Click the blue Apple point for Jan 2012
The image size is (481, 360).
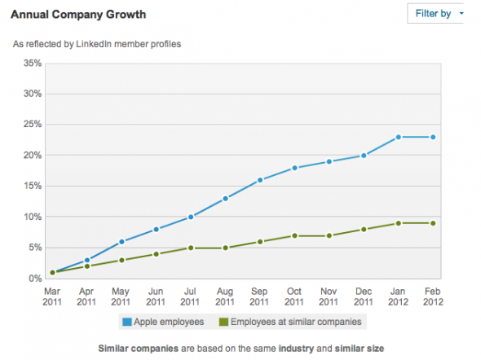[x=399, y=137]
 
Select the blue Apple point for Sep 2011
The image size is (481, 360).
[x=260, y=180]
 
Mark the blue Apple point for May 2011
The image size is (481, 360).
[x=121, y=242]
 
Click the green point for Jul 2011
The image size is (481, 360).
[x=191, y=248]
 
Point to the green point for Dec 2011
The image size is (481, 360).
[x=364, y=230]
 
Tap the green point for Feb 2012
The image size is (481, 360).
[x=434, y=223]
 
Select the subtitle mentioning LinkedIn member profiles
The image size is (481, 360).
[x=97, y=44]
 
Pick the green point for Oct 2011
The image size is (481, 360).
[x=295, y=235]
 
